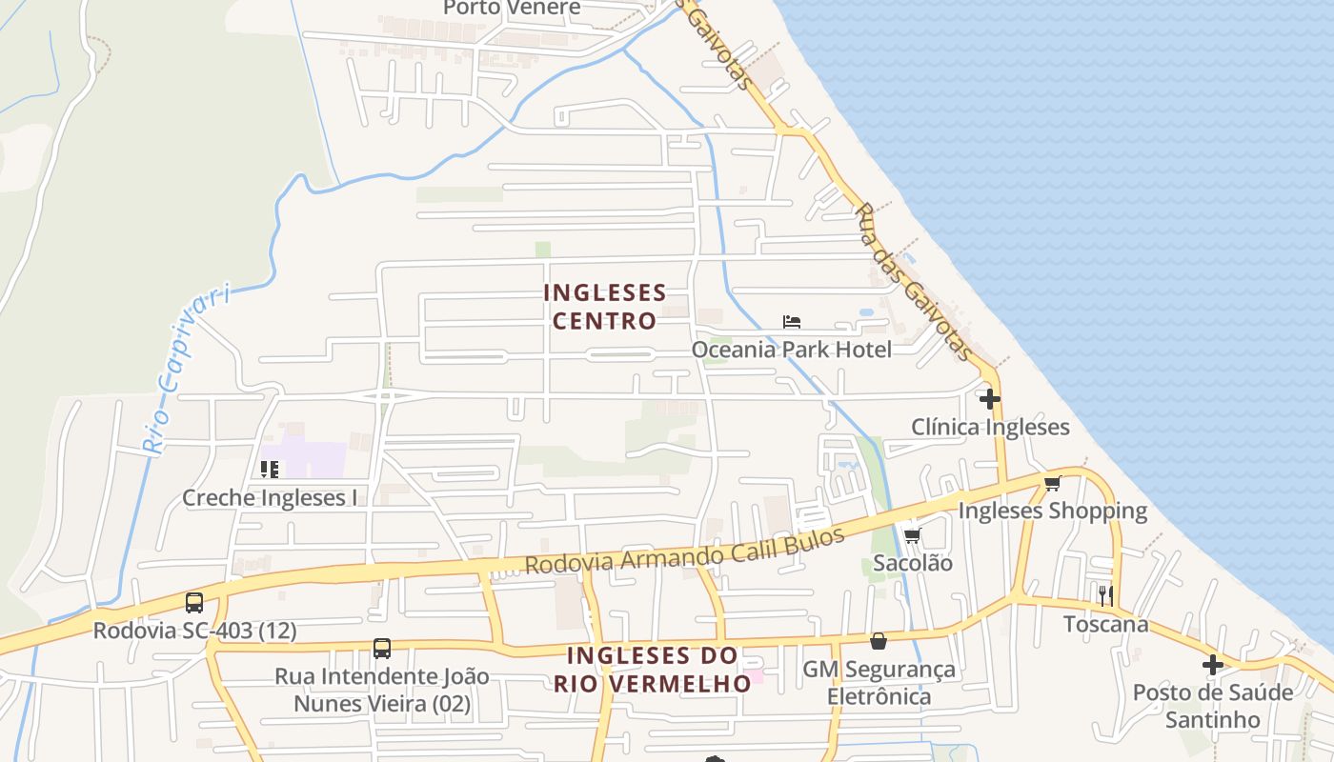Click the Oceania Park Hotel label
point(792,350)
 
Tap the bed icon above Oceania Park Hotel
point(792,322)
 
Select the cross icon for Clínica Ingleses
point(991,399)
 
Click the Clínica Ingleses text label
point(991,427)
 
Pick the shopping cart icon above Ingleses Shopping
point(1053,484)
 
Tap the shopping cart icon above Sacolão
point(913,535)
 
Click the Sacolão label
point(913,563)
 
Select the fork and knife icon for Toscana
point(1105,596)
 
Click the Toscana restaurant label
point(1105,625)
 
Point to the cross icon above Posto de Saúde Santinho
point(1213,665)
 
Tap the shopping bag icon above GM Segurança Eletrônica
point(879,642)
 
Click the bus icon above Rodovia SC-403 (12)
point(194,603)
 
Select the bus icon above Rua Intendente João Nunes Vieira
point(382,649)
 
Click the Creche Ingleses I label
point(270,497)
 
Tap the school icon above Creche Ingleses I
point(270,470)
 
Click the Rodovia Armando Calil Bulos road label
point(685,551)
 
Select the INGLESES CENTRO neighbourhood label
point(605,306)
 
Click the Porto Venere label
point(512,9)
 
